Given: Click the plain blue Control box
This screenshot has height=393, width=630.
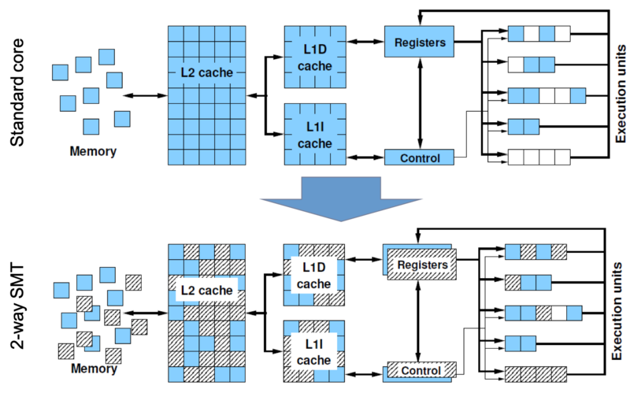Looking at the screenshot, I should point(419,158).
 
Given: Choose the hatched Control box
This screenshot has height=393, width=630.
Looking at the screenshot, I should point(421,370).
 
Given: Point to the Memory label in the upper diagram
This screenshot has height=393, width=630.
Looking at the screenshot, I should point(92,151).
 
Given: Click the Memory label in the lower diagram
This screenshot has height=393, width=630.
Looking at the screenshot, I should point(92,369).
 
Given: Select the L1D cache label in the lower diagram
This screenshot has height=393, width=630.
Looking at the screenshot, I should point(316,275).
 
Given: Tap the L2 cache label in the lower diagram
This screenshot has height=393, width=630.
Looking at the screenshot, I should point(207,291).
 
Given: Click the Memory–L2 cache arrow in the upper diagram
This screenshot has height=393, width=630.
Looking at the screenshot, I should point(147,96).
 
